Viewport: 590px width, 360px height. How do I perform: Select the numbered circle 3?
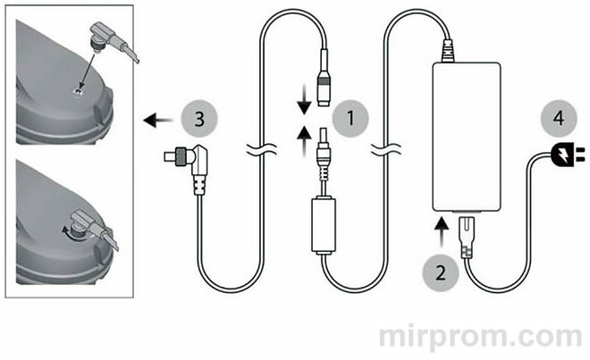point(200,118)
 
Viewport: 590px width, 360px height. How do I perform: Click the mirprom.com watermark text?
point(482,337)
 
